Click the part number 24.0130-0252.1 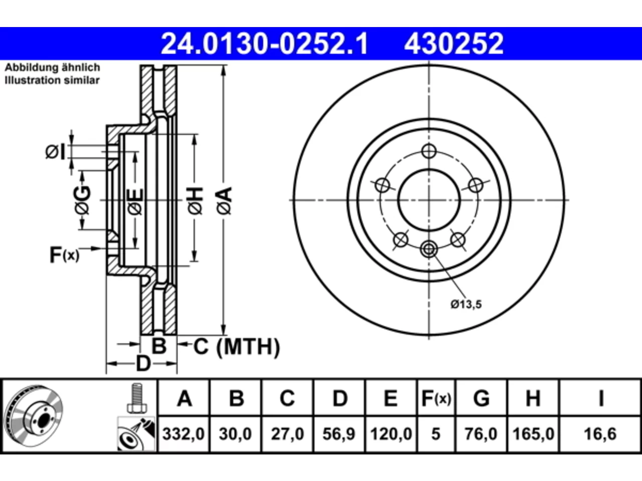pos(264,44)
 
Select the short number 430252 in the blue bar pos(453,44)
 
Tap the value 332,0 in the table pos(184,434)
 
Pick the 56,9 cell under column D pos(339,434)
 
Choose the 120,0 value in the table pos(391,434)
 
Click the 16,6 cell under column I pos(600,434)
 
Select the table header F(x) pos(436,398)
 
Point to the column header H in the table pos(533,398)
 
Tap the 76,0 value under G pos(481,434)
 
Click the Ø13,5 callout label pos(466,305)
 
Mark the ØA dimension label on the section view pos(224,201)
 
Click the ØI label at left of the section pos(55,152)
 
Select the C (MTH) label pos(237,347)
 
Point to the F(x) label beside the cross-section pos(64,255)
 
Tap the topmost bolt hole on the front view pos(429,151)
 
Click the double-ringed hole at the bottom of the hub pos(429,249)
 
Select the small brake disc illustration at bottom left pos(34,416)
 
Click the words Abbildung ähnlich pos(52,68)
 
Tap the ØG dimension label pos(82,200)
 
